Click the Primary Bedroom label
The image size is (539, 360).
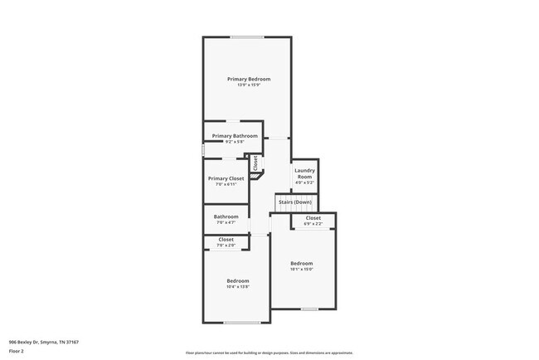point(249,79)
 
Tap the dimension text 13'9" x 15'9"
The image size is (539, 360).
point(249,85)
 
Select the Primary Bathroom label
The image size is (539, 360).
point(235,136)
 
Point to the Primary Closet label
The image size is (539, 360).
point(226,178)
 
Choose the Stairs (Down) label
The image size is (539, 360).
point(295,202)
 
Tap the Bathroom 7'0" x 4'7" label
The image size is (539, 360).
point(226,217)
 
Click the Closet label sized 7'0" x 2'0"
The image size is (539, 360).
point(226,240)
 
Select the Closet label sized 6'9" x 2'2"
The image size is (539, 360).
point(313,219)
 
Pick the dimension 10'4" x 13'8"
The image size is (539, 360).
point(238,286)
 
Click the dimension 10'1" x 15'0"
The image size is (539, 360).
point(301,269)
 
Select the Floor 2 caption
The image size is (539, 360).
point(17,351)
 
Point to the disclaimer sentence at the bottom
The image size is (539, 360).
point(269,352)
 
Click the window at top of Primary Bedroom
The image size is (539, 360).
point(247,36)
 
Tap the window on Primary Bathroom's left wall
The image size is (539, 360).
point(203,150)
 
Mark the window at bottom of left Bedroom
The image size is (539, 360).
point(242,323)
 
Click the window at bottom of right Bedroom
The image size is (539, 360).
point(308,309)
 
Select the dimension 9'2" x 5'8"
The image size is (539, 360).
point(235,142)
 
